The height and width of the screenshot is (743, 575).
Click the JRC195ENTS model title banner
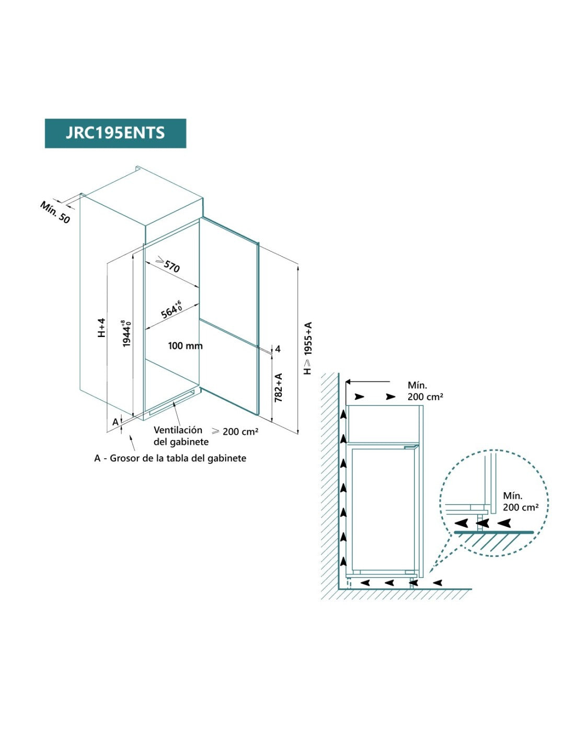[115, 133]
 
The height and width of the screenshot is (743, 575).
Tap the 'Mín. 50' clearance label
[55, 212]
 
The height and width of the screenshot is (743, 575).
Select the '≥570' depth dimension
[168, 265]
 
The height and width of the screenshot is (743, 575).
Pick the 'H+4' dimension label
[102, 328]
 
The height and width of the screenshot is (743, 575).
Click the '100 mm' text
[185, 346]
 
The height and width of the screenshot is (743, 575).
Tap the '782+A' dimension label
[279, 387]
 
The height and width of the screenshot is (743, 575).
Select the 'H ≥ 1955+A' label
[308, 348]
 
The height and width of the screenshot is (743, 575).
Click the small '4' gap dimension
[278, 349]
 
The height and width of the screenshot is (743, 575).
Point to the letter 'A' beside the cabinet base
[115, 422]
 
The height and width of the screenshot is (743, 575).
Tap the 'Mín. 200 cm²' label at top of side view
[425, 391]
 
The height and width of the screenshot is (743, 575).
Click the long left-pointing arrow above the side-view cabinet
[368, 382]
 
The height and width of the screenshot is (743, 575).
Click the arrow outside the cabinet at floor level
[437, 582]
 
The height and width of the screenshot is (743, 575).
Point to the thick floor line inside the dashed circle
[493, 532]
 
